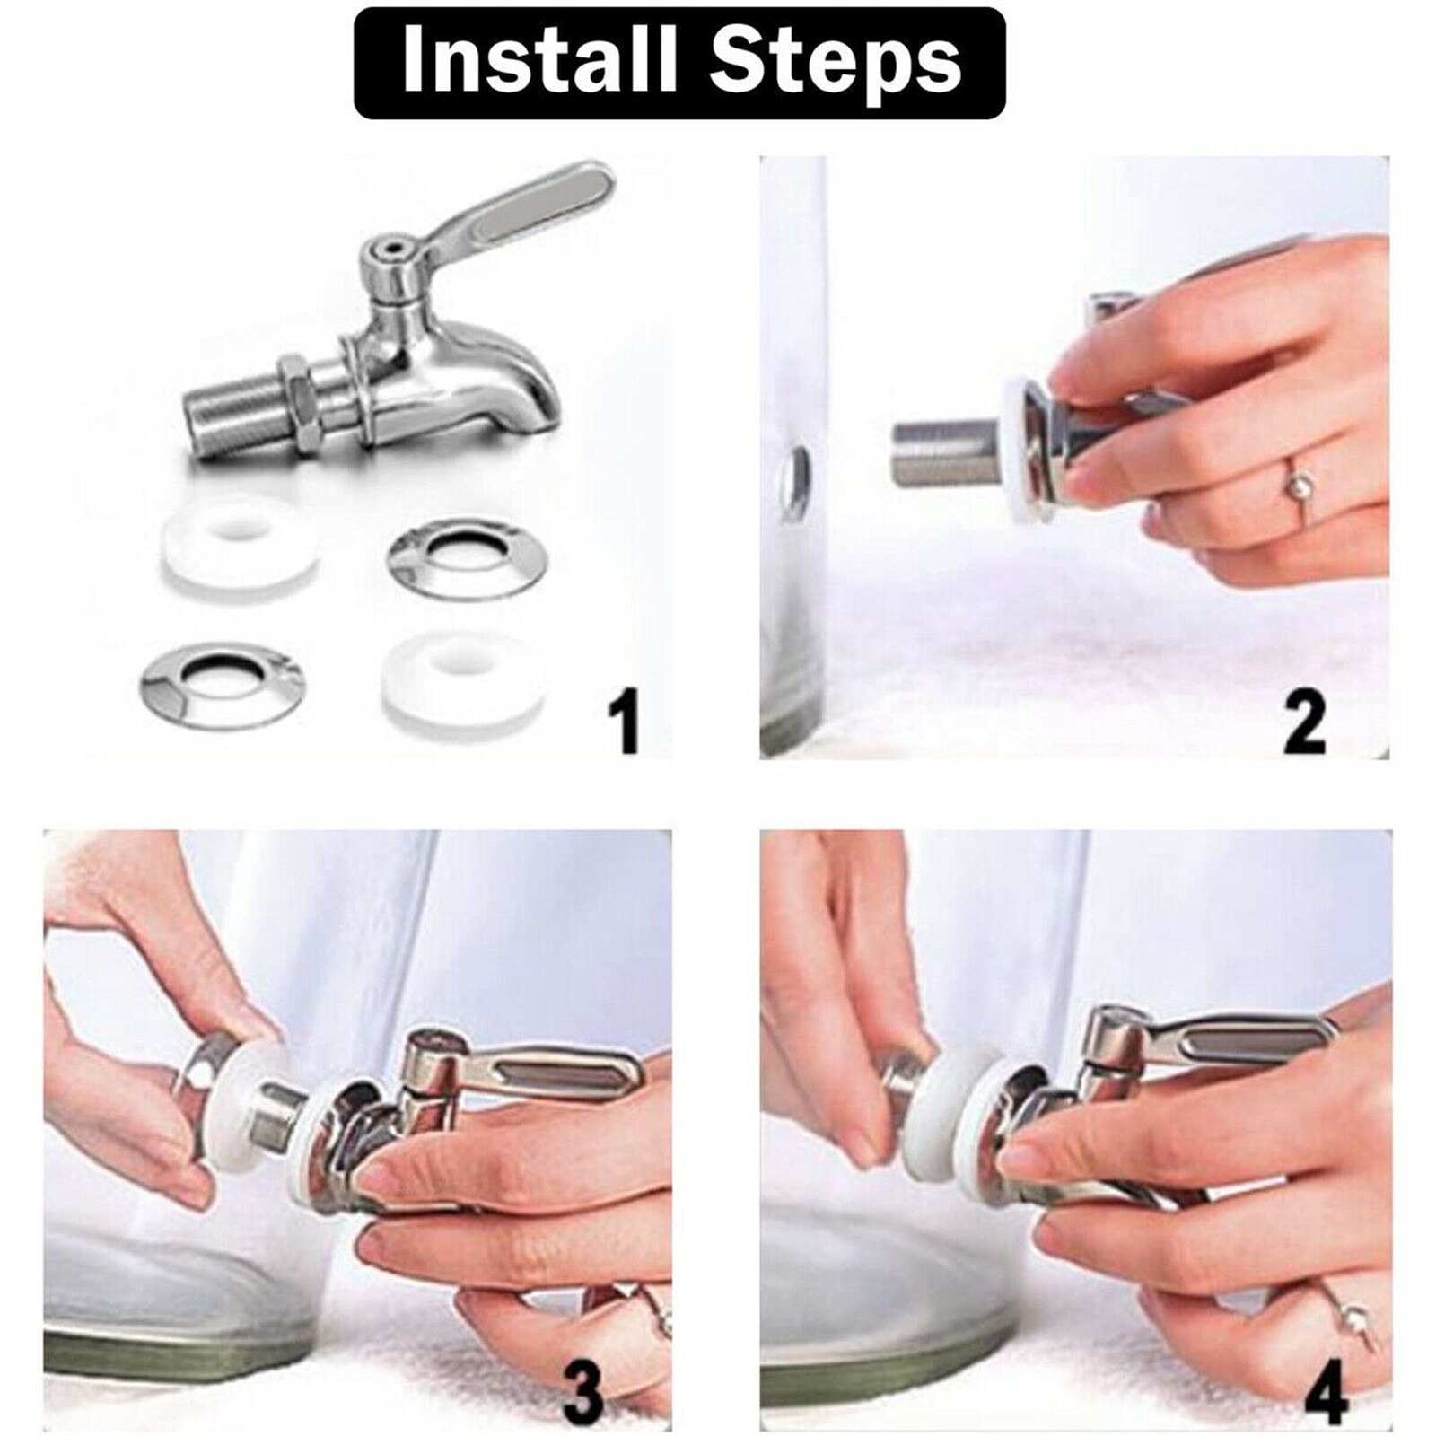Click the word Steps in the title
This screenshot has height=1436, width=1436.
point(839,62)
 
